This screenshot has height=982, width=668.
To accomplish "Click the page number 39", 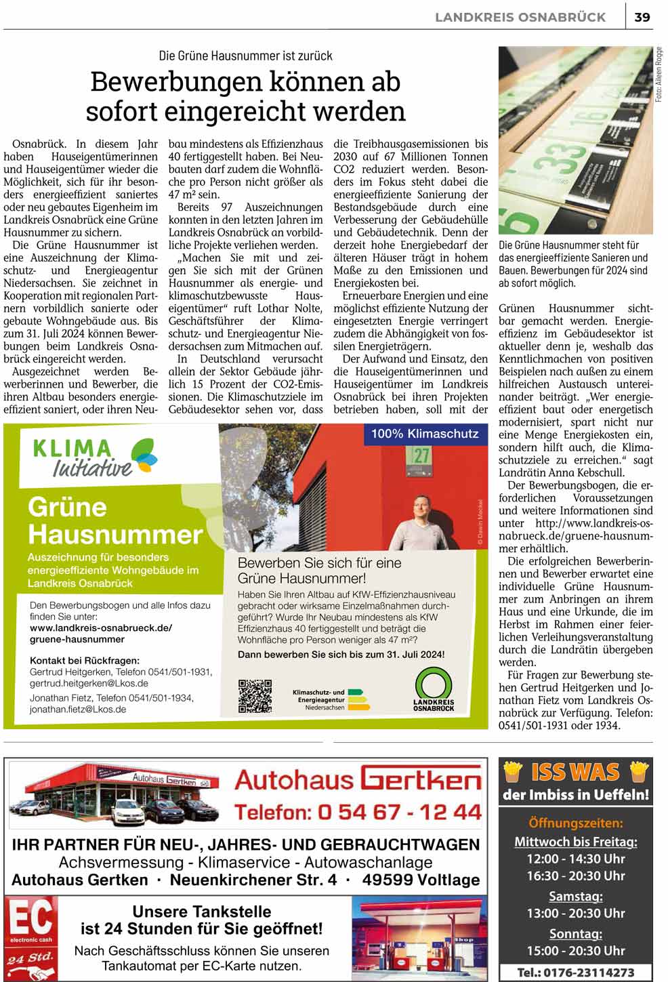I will pos(642,17).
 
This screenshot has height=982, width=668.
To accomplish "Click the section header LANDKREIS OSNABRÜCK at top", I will pos(520,17).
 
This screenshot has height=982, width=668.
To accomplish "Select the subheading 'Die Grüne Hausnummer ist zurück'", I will pos(245,56).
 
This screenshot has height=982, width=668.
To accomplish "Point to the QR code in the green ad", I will pos(255,695).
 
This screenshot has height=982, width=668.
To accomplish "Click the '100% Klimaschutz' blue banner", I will pos(425,434).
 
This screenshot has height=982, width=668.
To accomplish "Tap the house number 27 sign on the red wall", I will pos(421,456).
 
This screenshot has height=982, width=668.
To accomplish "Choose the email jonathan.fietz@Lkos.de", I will pos(78,710).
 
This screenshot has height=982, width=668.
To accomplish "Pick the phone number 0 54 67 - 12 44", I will pos(357,811).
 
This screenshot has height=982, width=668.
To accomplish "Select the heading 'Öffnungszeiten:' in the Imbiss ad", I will pos(575,823).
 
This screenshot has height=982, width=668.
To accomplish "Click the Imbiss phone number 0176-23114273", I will pos(575,972).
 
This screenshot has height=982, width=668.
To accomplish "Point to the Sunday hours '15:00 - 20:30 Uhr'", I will pos(575,950).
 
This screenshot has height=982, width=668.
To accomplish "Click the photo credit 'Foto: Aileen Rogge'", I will pos(659,75).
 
